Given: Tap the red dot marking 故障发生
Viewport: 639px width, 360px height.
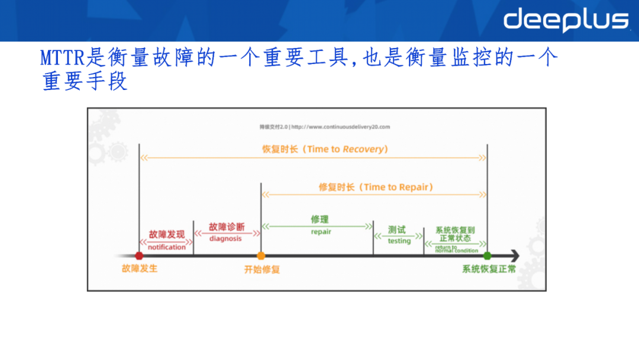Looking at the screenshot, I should (139, 256).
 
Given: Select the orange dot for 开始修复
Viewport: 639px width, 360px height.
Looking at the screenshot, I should (261, 256).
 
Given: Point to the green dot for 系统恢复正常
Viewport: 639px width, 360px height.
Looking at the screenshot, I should (487, 256).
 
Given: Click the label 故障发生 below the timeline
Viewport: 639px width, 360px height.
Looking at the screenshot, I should (140, 269).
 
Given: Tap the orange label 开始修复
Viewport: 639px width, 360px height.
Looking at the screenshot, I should (262, 269).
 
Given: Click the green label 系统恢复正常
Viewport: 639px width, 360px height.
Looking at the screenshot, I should (489, 269).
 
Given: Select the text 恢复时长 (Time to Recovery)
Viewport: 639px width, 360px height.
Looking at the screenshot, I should (325, 149).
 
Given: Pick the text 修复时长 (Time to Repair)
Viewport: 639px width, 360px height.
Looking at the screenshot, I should (376, 187).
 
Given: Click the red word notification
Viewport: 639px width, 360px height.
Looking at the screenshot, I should (166, 247).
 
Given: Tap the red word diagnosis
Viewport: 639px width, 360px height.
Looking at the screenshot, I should (225, 239).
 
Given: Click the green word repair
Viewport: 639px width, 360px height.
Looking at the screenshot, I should (321, 232).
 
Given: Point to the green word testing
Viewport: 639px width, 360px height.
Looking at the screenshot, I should (399, 241).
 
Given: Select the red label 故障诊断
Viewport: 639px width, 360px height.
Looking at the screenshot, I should (226, 227).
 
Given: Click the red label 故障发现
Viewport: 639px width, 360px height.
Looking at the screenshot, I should (166, 234).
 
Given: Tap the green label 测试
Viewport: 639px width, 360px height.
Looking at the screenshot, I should (397, 230).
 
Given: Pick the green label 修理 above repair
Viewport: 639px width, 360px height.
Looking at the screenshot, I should (319, 220).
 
